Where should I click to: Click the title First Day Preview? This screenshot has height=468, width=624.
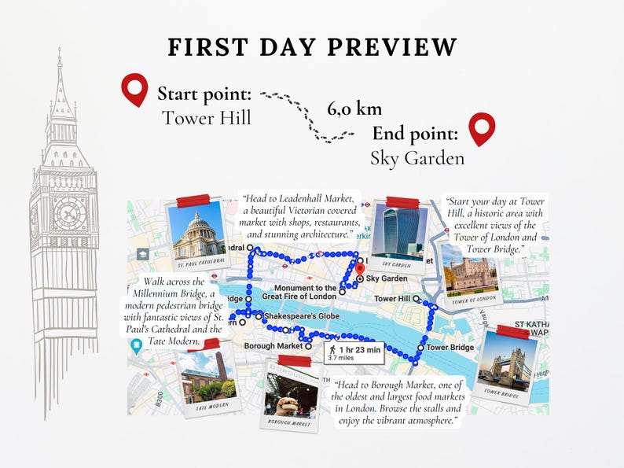point(312,47)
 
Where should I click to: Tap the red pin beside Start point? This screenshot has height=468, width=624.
point(135,90)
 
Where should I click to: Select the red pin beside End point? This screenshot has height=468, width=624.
point(481,129)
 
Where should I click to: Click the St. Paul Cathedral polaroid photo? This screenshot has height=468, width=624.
point(197,234)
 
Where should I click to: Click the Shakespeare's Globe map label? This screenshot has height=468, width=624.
point(295,315)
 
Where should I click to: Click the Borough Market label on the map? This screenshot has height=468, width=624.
point(273,346)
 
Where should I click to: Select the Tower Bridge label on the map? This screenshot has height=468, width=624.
point(450,348)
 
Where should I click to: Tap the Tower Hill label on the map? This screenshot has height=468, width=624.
point(391,299)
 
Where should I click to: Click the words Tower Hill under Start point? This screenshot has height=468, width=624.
point(207,118)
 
